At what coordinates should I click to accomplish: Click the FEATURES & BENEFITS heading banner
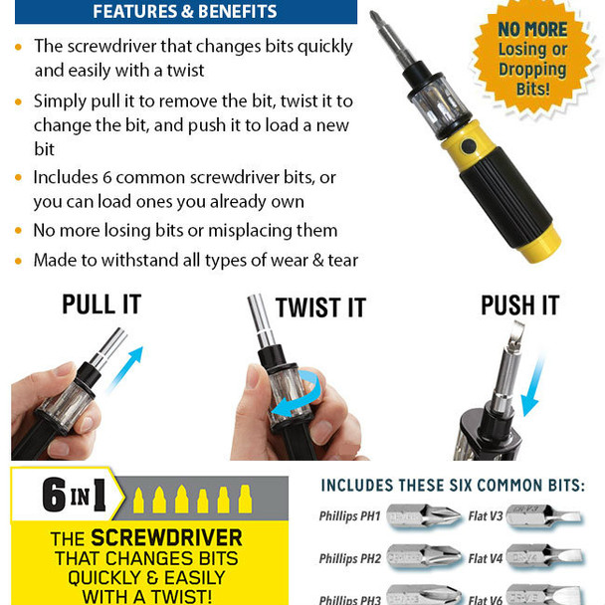[186, 12]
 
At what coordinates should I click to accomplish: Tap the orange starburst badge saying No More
[532, 58]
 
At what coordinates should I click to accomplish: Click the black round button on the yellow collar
[469, 146]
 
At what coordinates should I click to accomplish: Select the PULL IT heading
[101, 304]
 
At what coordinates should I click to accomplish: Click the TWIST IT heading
[320, 307]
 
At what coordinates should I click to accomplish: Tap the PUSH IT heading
[520, 305]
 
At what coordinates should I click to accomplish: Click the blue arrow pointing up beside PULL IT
[126, 368]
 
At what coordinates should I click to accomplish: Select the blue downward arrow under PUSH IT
[533, 386]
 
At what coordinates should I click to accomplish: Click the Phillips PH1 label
[349, 515]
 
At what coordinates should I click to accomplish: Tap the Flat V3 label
[486, 515]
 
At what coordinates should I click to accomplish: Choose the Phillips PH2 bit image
[424, 557]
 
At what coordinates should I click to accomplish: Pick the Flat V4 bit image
[545, 557]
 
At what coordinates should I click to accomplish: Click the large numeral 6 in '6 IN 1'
[54, 495]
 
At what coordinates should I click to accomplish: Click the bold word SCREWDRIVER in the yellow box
[167, 538]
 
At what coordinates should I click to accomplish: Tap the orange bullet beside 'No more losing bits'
[18, 231]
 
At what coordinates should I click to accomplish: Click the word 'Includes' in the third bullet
[66, 177]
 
